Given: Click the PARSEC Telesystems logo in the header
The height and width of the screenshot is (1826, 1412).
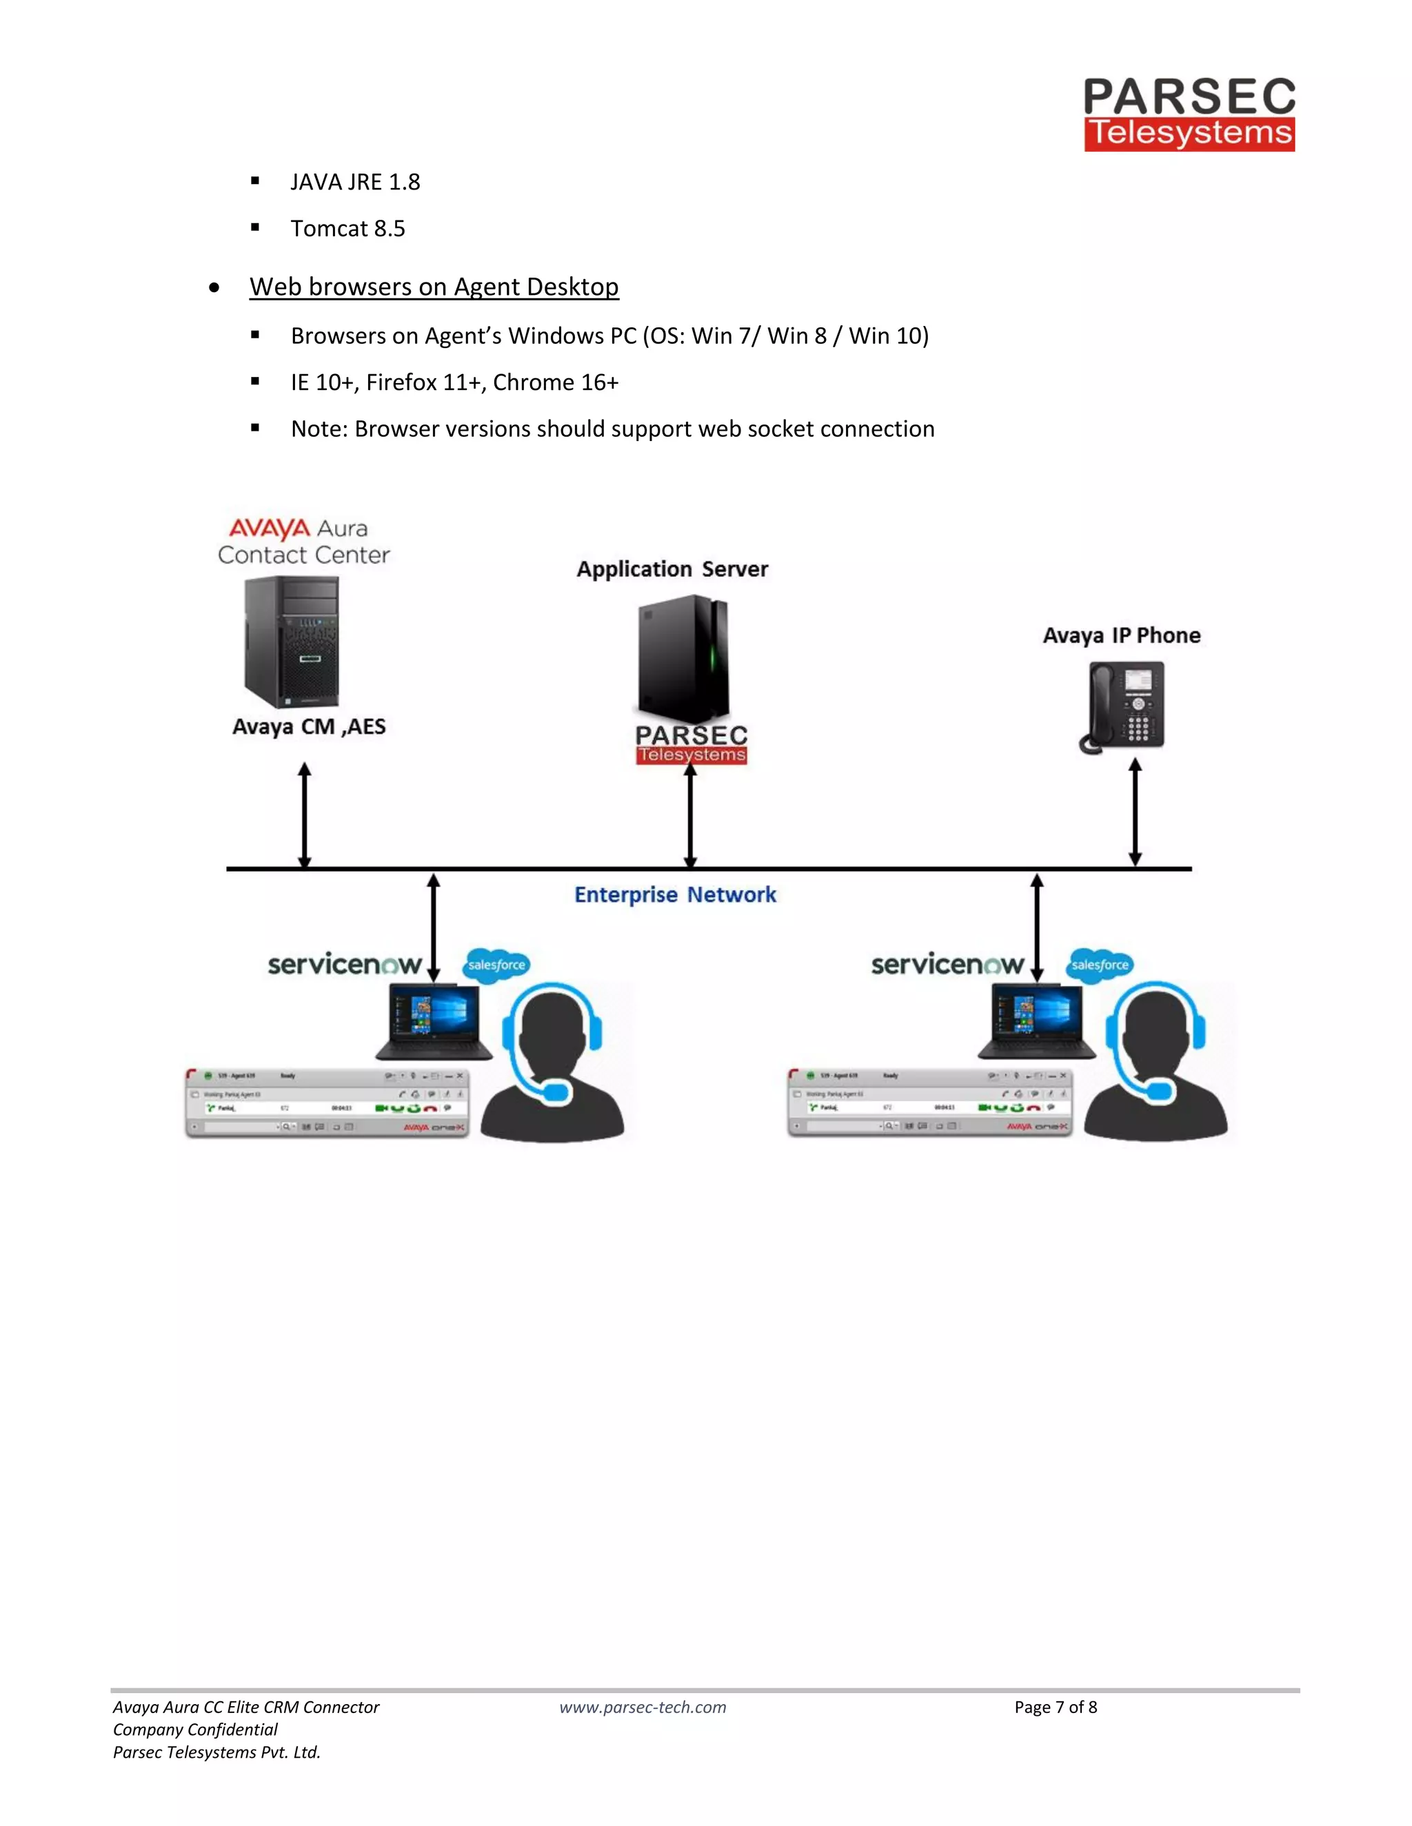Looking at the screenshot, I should pos(1189,114).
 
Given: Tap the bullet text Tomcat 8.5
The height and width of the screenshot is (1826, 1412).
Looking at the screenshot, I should pos(347,228).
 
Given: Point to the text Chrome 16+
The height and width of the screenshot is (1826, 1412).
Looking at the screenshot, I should pos(556,382).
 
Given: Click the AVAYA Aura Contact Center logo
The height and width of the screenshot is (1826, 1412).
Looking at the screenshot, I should pos(303,542).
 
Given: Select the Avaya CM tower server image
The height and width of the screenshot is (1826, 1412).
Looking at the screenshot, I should pos(291,642).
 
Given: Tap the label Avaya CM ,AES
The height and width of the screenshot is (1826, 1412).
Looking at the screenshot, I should pos(309,726).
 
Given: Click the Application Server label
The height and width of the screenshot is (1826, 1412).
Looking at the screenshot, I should pos(672,569).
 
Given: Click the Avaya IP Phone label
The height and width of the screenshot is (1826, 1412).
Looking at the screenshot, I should pos(1121,635).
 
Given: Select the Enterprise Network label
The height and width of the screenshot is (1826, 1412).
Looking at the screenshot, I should pos(674,894).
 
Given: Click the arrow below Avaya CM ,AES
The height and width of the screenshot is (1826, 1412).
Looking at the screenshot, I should pos(305,814).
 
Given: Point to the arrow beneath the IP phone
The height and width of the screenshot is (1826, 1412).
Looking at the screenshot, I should pos(1135,811).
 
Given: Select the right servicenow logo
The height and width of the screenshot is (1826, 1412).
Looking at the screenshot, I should pos(947,965).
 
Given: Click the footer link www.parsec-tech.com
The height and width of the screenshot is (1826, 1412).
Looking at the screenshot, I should pos(643,1707).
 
